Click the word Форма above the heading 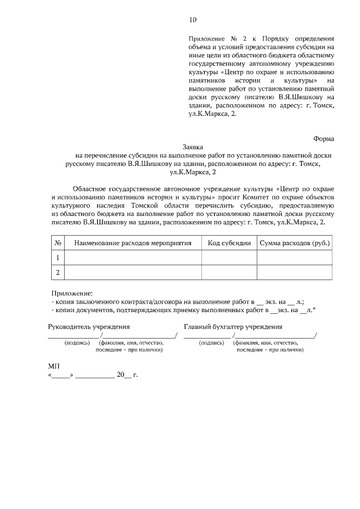pos(323,138)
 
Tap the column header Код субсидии pos(229,243)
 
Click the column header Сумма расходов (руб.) pos(294,243)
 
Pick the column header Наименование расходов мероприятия pos(133,243)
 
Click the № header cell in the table pos(57,243)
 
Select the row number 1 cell pos(57,258)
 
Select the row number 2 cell pos(57,272)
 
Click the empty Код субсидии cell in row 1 pos(229,258)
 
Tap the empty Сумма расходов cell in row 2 pos(294,272)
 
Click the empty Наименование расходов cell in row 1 pos(133,258)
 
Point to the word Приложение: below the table pos(71,293)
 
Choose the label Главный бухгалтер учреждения pos(233,326)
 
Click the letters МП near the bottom pos(54,366)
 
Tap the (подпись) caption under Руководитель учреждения pos(77,343)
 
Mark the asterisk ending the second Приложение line pos(314,309)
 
